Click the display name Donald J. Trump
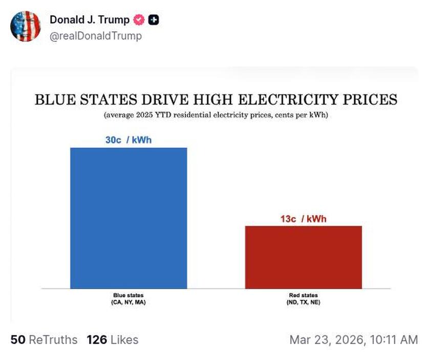tap(90, 20)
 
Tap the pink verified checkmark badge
tap(138, 20)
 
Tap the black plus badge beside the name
tap(154, 20)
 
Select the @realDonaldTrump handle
tap(96, 36)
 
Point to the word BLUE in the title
tap(55, 99)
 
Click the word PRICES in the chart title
tap(368, 99)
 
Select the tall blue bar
tap(128, 218)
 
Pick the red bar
tap(303, 257)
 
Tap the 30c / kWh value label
tap(128, 140)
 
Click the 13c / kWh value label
tap(303, 219)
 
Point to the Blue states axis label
tap(128, 295)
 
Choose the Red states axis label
tap(303, 295)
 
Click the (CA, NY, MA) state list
tap(128, 303)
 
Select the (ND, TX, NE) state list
tap(303, 303)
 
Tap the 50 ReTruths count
tap(44, 340)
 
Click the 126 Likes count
tap(112, 340)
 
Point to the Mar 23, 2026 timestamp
tap(353, 340)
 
